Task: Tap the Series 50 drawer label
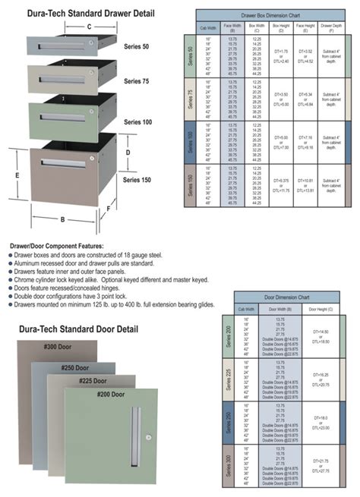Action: (137, 46)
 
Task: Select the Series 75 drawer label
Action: (137, 80)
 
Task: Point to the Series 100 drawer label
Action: (138, 121)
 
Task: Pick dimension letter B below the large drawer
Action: (62, 222)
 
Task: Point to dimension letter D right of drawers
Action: (128, 153)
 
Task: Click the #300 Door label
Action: (58, 346)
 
